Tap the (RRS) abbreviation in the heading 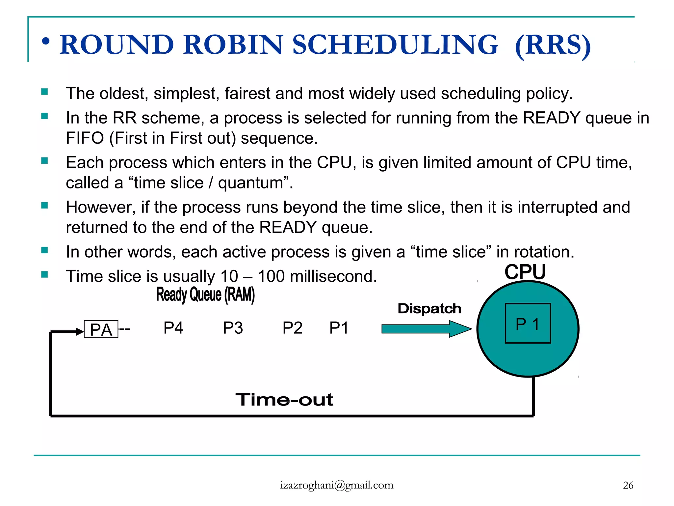(553, 45)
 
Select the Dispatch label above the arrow (429, 309)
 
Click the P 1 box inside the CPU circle (528, 323)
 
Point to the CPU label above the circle (525, 272)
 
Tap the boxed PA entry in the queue (101, 329)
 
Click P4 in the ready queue (173, 328)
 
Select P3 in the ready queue (233, 328)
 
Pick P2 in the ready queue (292, 328)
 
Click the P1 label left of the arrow (339, 328)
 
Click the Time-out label (284, 400)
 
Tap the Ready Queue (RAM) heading (205, 294)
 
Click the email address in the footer (337, 485)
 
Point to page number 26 (628, 485)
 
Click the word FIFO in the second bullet (85, 138)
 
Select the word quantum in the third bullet (251, 183)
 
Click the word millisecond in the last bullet (333, 276)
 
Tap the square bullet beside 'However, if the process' (44, 206)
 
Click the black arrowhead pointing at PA (79, 331)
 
